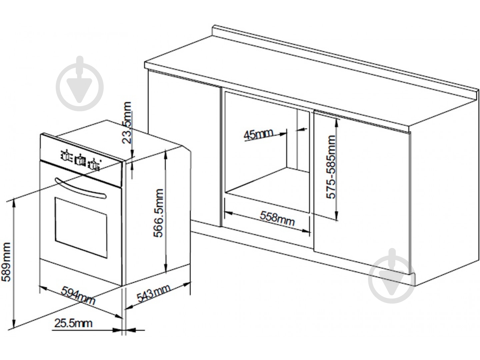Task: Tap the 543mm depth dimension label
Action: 154,293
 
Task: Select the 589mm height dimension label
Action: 6,265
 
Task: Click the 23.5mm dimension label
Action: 127,123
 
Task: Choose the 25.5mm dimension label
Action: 73,323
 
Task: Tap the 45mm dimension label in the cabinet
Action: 258,134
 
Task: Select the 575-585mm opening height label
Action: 331,167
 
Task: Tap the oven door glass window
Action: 81,228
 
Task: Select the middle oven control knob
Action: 80,161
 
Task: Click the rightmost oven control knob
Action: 94,165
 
